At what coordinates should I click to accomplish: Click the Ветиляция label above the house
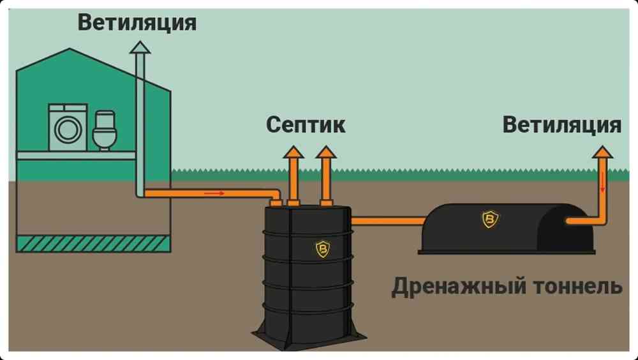137,22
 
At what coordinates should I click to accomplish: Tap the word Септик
306,125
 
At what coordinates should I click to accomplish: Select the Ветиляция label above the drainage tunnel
562,124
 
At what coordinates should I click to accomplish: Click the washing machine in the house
68,128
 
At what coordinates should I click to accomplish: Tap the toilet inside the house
105,130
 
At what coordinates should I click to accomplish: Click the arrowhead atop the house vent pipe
140,47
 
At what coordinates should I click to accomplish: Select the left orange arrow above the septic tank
293,175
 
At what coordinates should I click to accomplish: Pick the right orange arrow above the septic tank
326,175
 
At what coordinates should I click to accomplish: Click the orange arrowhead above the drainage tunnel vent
602,152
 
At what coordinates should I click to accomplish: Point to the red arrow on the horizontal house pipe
214,193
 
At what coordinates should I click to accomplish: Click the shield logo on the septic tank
323,249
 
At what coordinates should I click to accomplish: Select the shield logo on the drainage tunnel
490,219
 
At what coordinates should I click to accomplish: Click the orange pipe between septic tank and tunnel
388,221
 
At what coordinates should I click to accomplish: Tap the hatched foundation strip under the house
93,244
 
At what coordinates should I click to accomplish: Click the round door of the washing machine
68,130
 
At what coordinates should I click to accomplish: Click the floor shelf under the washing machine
76,155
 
